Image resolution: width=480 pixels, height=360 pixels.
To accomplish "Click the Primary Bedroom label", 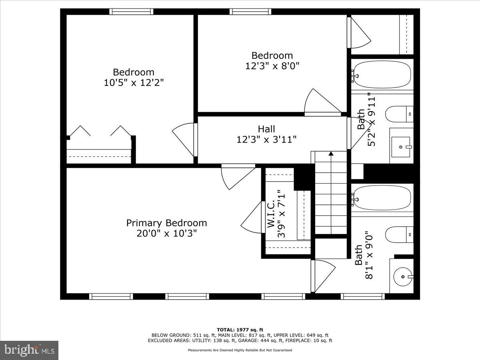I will click(x=166, y=223).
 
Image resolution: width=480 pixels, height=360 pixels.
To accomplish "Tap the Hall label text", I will click(x=266, y=129).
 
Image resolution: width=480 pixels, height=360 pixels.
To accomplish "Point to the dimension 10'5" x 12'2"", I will click(x=133, y=82).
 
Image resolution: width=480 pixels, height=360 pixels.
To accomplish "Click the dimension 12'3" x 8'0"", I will click(x=272, y=66).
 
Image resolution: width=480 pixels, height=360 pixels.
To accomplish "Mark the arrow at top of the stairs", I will click(x=331, y=153).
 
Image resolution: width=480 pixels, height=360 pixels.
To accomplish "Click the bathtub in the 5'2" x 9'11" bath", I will click(x=382, y=74).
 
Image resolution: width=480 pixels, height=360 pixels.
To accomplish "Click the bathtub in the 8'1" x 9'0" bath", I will click(x=382, y=198).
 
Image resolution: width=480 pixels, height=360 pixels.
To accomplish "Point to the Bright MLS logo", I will click(x=29, y=350).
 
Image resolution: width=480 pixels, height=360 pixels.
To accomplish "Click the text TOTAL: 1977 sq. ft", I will click(x=240, y=330).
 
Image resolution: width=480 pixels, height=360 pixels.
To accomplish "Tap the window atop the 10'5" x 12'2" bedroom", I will click(x=132, y=12).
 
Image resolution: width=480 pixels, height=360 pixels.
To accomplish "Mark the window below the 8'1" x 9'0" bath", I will click(x=362, y=296).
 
